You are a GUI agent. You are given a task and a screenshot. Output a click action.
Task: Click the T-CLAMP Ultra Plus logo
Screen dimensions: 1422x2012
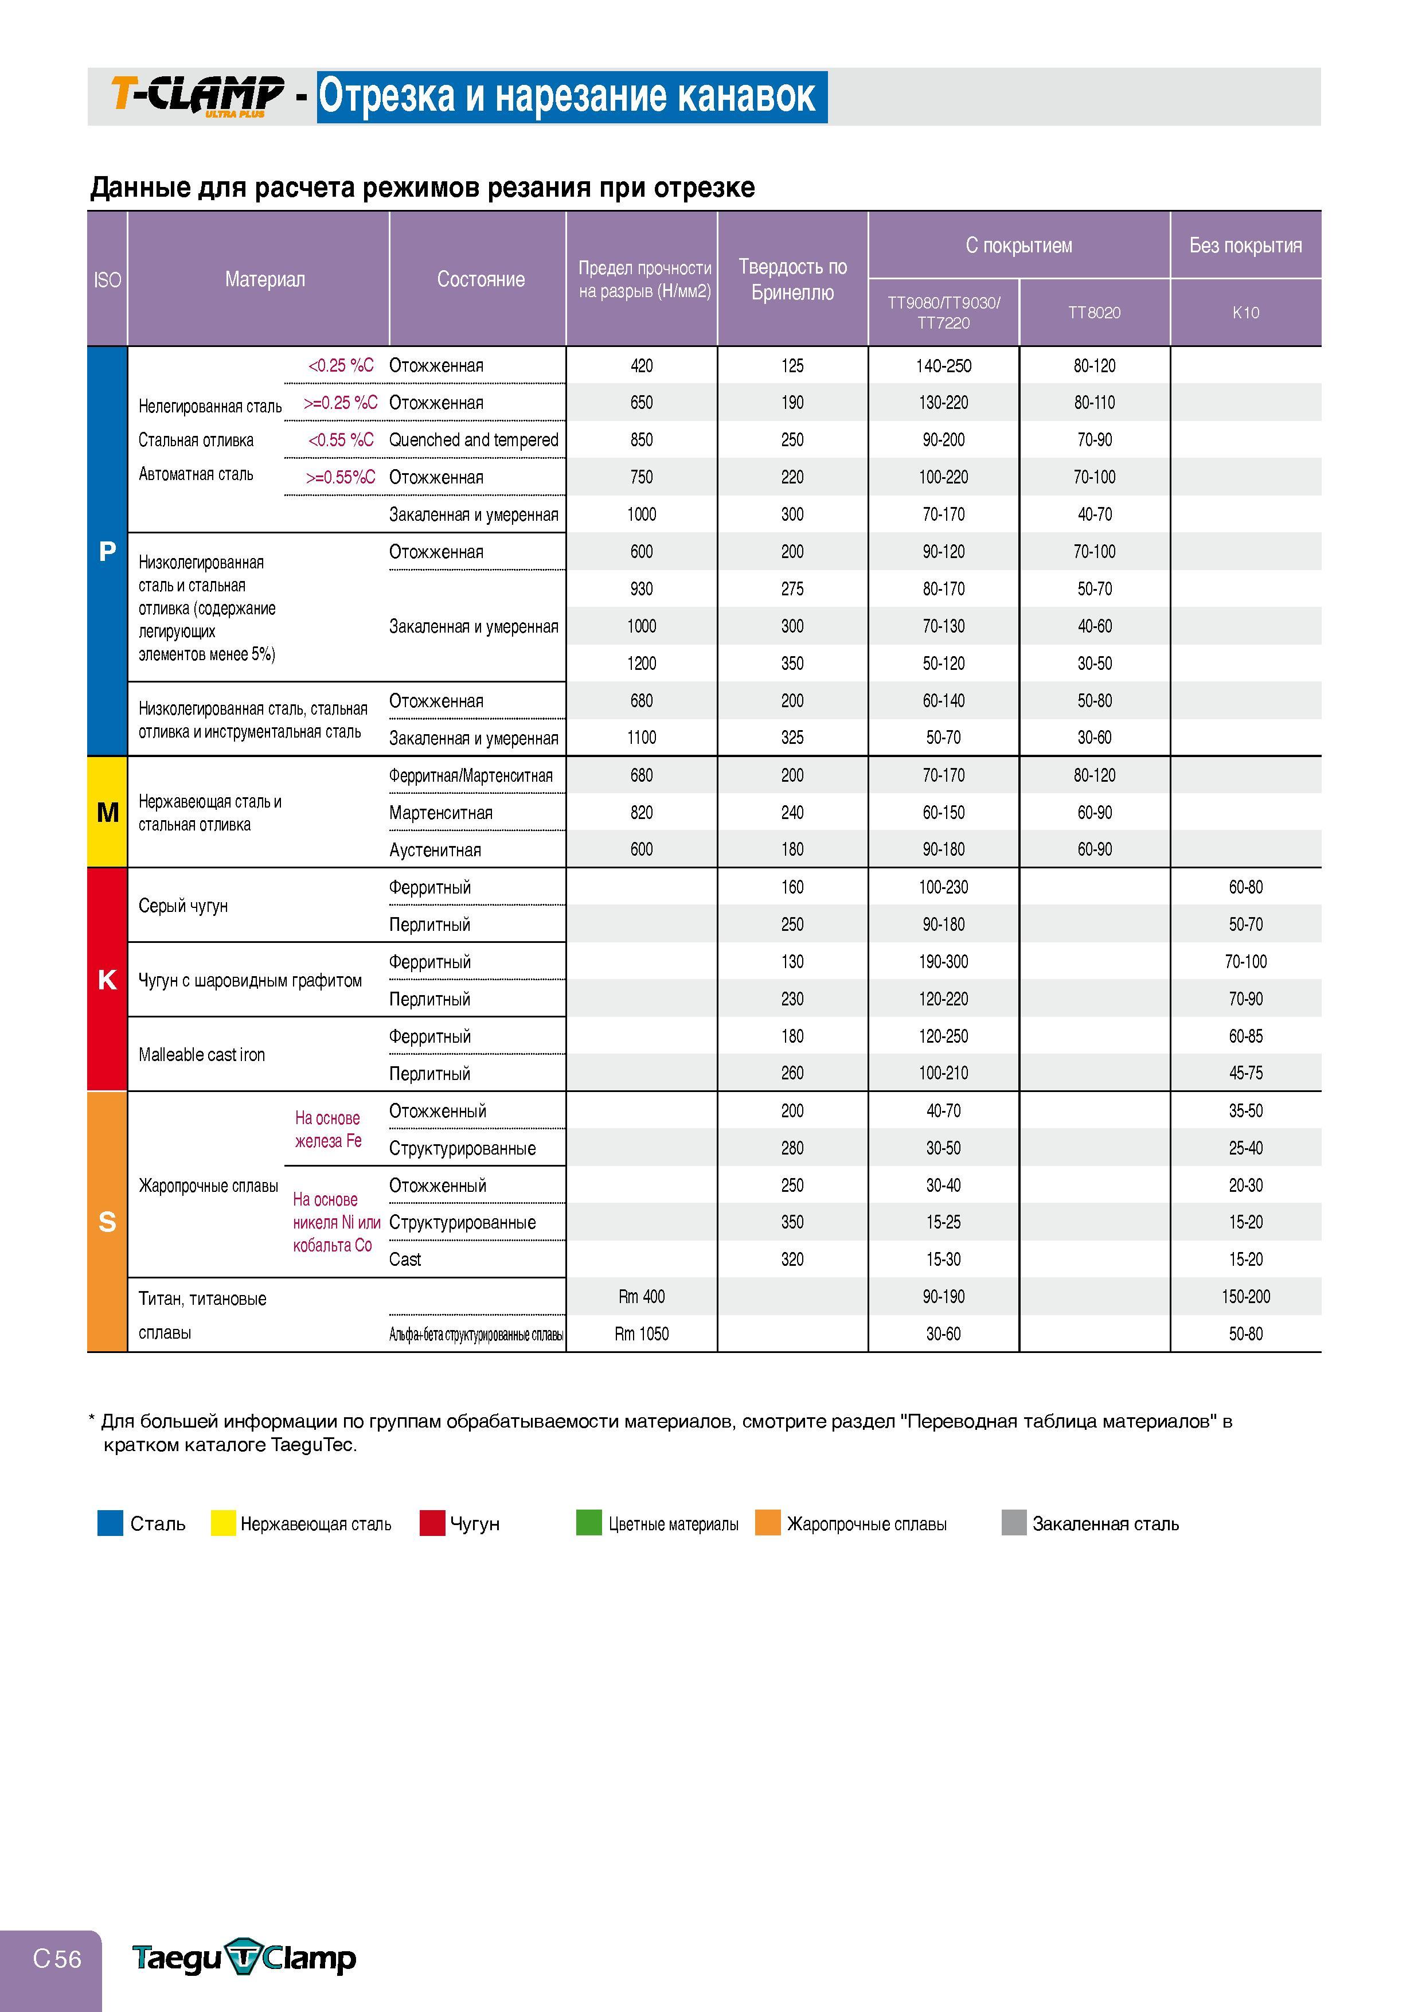[197, 96]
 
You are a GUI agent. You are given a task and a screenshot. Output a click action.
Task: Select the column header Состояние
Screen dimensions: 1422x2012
[481, 279]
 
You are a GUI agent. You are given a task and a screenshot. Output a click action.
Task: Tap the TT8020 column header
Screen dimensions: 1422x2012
[1095, 313]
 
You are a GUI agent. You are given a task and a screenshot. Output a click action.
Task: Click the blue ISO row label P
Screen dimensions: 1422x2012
[107, 551]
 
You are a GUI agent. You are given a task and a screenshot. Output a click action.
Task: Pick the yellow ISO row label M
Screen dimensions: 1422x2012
[107, 812]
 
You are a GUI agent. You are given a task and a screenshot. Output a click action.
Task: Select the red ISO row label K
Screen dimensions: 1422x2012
[107, 980]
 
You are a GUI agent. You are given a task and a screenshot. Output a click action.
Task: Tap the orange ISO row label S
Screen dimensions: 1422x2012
[107, 1222]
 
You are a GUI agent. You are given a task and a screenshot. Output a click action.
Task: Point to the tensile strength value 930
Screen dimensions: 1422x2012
[642, 589]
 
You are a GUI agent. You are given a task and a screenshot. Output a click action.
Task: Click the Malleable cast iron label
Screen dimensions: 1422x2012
[201, 1055]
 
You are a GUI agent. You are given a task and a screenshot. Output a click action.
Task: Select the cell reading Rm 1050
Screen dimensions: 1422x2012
[642, 1333]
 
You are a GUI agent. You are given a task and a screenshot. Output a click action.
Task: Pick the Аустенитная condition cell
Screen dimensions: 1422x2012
[435, 850]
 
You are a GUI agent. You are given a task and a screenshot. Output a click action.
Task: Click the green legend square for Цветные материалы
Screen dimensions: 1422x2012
[589, 1523]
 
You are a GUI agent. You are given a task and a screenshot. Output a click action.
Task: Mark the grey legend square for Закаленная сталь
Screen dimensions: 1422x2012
[1014, 1523]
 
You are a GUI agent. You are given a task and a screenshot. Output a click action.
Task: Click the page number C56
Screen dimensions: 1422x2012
[57, 1959]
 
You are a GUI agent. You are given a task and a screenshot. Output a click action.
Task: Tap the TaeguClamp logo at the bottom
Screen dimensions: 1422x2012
[244, 1958]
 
